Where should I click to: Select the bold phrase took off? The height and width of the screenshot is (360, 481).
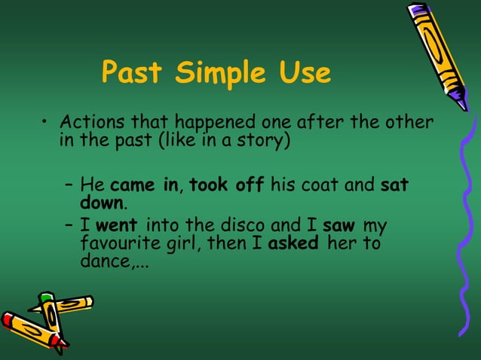(225, 185)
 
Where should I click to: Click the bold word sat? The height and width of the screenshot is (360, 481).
(394, 185)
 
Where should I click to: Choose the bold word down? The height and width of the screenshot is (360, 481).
(101, 203)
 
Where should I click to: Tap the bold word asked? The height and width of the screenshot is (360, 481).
(293, 244)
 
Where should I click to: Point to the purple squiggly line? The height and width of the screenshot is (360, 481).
(461, 226)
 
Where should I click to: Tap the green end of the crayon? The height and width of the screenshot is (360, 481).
(47, 298)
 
